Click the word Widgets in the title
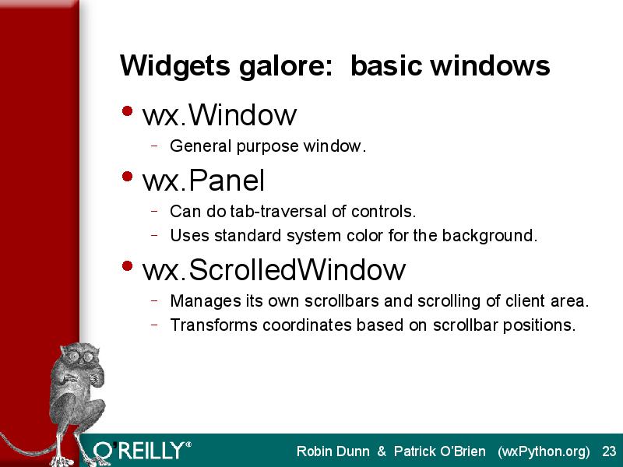point(174,66)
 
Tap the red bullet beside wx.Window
point(127,111)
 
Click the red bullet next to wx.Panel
point(127,177)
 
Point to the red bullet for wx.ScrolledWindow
point(127,265)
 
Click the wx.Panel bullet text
point(203,181)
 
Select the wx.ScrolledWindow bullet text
point(274,270)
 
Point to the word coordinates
point(307,325)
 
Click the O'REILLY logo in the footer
point(142,451)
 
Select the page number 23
point(609,451)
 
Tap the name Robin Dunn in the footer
point(333,451)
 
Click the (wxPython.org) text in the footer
point(544,452)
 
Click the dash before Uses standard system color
point(154,235)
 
